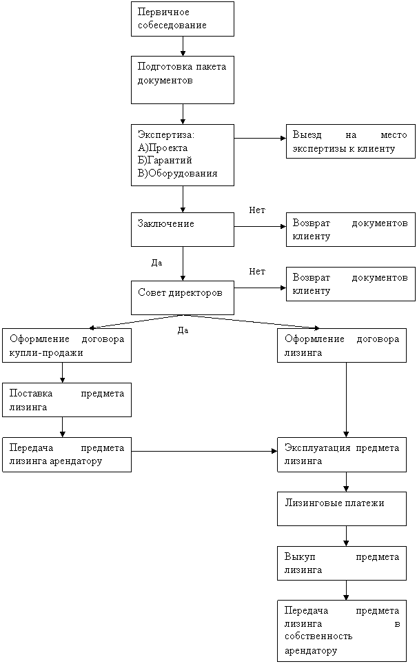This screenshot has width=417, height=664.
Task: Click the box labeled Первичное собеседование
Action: (x=183, y=19)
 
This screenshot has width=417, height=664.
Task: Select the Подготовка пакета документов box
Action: (x=183, y=79)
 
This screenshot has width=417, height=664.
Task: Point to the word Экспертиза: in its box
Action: (x=166, y=135)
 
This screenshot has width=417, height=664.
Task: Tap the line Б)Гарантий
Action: (x=165, y=161)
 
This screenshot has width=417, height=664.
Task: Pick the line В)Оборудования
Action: (x=177, y=173)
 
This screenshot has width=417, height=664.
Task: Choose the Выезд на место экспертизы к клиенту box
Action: (x=351, y=141)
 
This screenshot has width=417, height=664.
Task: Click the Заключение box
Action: (x=183, y=230)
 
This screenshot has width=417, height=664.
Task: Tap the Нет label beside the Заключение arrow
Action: (x=257, y=210)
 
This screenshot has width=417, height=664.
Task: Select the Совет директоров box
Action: (x=183, y=298)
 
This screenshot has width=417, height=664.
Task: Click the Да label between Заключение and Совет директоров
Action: (x=156, y=263)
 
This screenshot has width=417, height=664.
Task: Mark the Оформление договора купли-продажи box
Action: (x=67, y=345)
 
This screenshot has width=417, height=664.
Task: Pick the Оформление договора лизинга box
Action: (x=342, y=345)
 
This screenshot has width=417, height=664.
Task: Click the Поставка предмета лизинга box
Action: (x=67, y=400)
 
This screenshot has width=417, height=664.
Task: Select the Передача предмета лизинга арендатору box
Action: (x=67, y=454)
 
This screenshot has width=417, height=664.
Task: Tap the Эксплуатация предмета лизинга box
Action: (x=342, y=454)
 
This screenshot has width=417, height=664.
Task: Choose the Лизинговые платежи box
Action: (x=342, y=509)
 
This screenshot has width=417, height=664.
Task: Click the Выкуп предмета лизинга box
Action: (x=342, y=563)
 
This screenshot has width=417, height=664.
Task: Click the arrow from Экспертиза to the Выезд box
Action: (x=260, y=138)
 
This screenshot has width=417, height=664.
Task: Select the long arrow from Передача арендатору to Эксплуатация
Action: (x=204, y=452)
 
